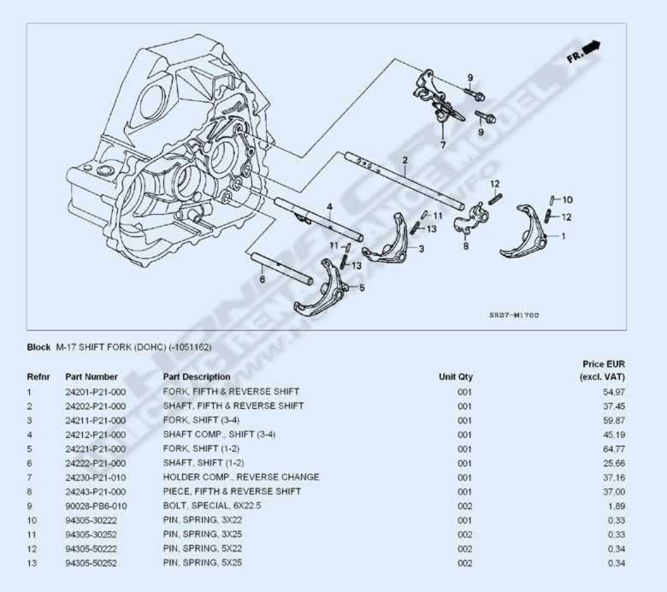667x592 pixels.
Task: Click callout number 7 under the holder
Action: pyautogui.click(x=442, y=145)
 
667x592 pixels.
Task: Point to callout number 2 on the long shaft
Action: pyautogui.click(x=404, y=160)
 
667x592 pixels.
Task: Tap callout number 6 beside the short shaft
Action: pyautogui.click(x=262, y=278)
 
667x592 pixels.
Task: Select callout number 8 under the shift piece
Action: pyautogui.click(x=465, y=246)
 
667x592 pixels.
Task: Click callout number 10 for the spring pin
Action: pyautogui.click(x=568, y=199)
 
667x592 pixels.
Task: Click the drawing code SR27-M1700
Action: pyautogui.click(x=513, y=315)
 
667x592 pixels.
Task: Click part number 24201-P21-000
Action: pyautogui.click(x=95, y=391)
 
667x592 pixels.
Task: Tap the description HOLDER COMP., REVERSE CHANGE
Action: pyautogui.click(x=240, y=477)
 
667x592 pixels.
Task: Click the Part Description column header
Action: pyautogui.click(x=196, y=376)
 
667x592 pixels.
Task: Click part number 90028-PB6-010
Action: pyautogui.click(x=95, y=506)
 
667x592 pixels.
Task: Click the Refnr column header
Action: pyautogui.click(x=39, y=376)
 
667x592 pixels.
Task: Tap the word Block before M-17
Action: pyautogui.click(x=39, y=346)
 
